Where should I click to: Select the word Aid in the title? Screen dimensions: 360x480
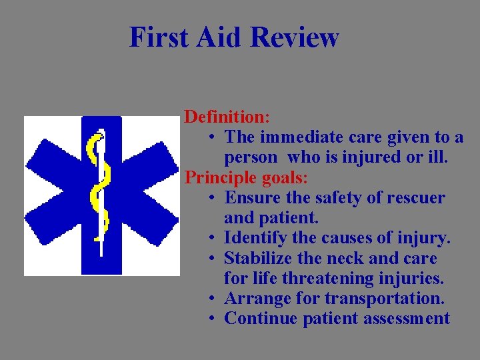[x=213, y=37]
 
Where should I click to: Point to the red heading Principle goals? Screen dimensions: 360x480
[x=246, y=178]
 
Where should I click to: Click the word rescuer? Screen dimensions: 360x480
[x=416, y=198]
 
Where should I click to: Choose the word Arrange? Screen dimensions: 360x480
[x=255, y=298]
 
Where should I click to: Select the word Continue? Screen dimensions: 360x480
[x=261, y=319]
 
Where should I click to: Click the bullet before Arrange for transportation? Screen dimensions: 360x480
[x=210, y=299]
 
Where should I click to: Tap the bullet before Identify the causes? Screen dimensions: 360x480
[x=210, y=239]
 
